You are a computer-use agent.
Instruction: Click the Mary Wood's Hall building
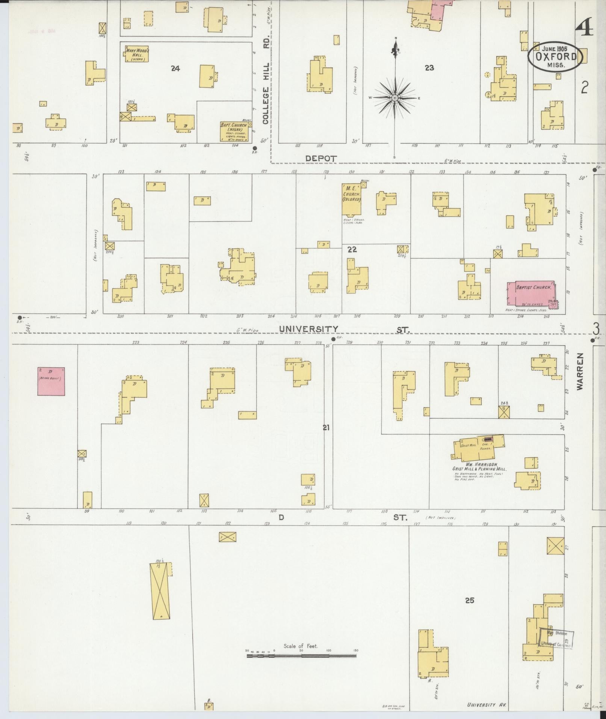coord(137,54)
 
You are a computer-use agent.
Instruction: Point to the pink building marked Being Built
coord(51,381)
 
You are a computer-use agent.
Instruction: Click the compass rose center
coord(395,98)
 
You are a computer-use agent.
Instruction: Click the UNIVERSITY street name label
coord(308,329)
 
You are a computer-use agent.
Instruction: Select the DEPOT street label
coord(321,159)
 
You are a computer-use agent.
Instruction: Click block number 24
coord(175,68)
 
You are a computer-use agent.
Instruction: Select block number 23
coord(429,68)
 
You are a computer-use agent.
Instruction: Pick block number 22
coord(352,250)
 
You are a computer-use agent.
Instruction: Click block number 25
coord(469,600)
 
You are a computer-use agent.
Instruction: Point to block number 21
coord(326,427)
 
